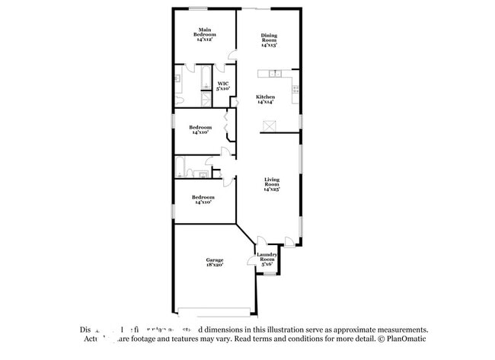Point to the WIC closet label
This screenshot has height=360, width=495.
coord(223,86)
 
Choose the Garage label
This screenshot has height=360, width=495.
coord(214,263)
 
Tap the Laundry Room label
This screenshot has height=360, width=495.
coord(267,257)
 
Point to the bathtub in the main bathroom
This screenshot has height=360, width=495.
coord(206,78)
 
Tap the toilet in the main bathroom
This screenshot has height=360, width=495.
coord(177,99)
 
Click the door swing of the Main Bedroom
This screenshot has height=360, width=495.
coord(232,56)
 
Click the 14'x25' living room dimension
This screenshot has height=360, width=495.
coord(272,189)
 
